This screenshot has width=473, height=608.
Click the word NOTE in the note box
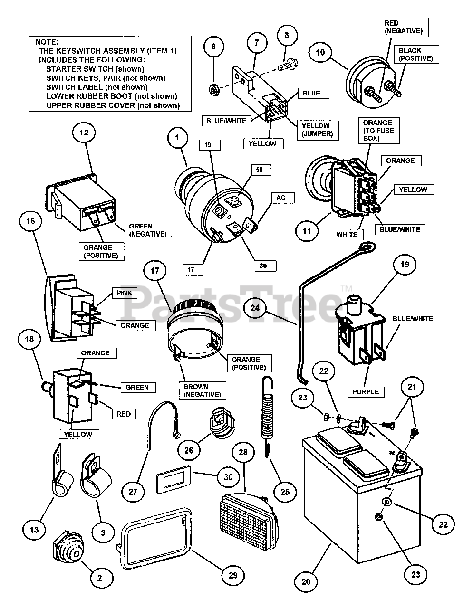[x=46, y=42]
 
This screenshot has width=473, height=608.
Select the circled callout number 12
[x=84, y=133]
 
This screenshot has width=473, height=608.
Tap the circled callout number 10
[x=320, y=52]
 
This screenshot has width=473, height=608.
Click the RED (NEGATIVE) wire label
[x=404, y=27]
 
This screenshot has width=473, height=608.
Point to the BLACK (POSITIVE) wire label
[x=415, y=55]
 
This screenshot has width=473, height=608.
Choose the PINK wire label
[x=124, y=294]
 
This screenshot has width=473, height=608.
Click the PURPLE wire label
[x=366, y=392]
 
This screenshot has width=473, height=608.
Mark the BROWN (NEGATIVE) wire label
[x=202, y=390]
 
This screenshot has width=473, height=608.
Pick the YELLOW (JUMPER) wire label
[x=316, y=130]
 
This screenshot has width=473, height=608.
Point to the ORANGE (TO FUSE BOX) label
[x=377, y=130]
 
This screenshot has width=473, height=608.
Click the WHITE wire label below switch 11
[x=347, y=234]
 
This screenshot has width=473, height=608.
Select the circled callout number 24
[x=255, y=308]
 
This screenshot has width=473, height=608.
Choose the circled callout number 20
[x=306, y=581]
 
